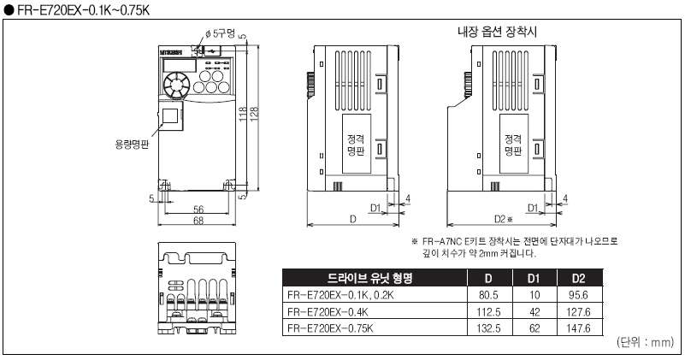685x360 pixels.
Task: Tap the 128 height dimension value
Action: point(254,113)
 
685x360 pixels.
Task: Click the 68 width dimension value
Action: point(198,221)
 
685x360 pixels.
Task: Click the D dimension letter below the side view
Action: point(353,220)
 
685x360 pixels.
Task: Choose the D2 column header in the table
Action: point(578,278)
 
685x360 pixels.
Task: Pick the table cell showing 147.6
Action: point(578,328)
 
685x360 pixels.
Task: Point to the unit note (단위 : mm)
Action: point(645,342)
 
